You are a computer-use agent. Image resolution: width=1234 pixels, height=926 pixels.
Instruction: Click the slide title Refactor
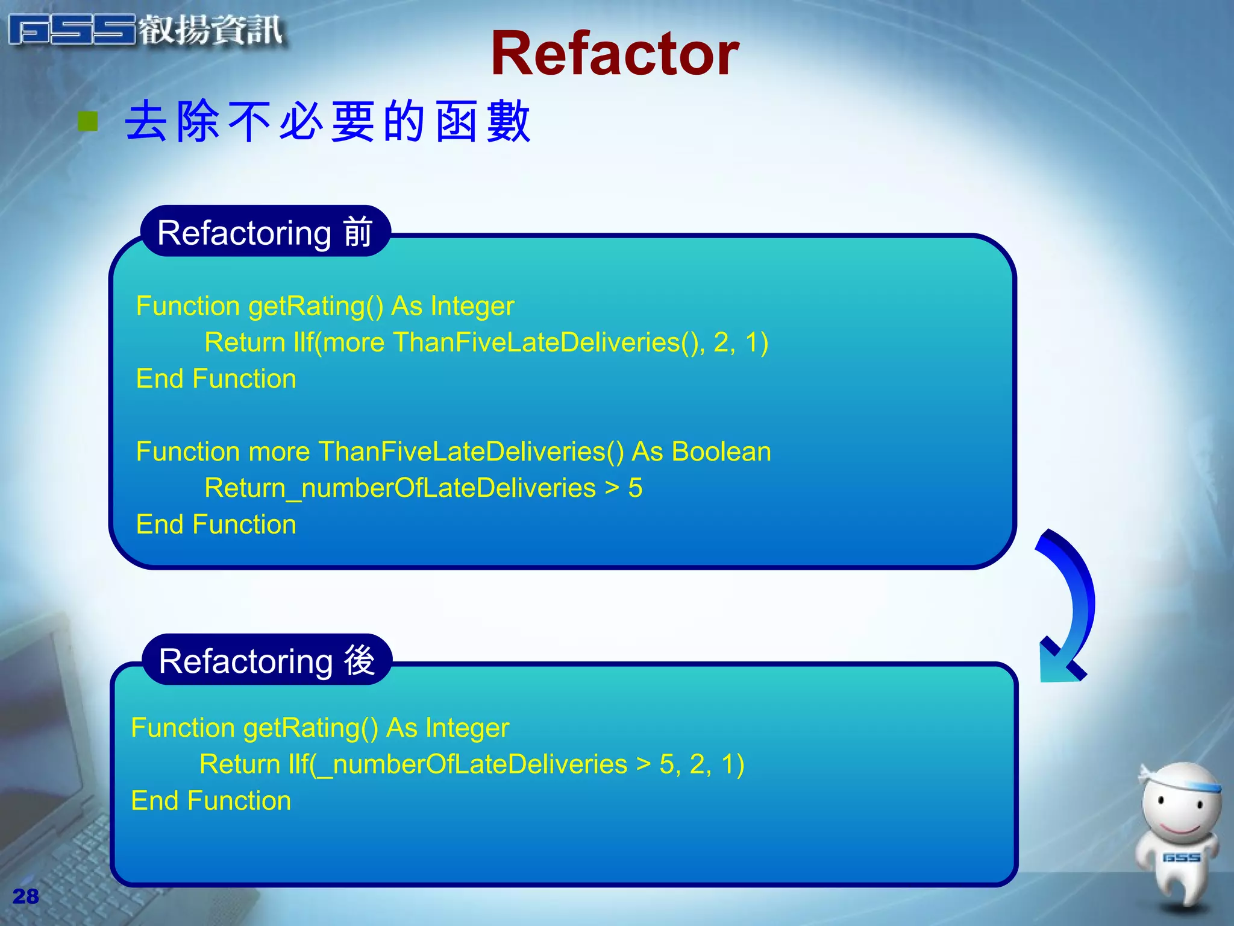pos(615,54)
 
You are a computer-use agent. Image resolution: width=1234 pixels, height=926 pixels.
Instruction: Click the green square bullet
pos(89,121)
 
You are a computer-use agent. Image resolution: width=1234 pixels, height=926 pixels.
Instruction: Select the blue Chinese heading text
pos(328,121)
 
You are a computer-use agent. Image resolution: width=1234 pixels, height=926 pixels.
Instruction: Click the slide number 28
pos(25,896)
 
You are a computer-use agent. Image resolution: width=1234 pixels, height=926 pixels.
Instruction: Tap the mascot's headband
pos(1181,784)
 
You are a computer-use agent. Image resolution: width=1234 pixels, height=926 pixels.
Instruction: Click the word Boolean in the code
pos(721,452)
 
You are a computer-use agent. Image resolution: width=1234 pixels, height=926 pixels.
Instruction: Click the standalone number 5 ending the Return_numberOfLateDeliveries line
pos(635,488)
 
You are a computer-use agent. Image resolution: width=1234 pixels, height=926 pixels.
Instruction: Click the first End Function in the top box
pos(216,379)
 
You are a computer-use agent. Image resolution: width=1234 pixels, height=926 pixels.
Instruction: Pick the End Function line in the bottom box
pos(211,801)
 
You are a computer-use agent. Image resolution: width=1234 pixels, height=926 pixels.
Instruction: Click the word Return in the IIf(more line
pos(245,342)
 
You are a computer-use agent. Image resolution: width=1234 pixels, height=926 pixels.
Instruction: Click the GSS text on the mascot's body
pos(1181,857)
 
